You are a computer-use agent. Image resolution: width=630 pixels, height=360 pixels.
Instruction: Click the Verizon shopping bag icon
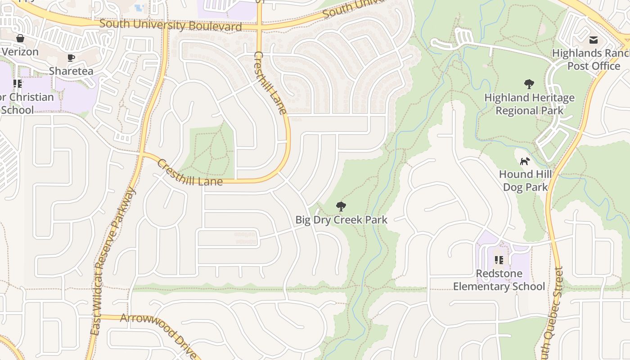pyautogui.click(x=20, y=38)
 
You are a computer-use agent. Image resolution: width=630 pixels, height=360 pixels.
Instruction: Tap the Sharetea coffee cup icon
pyautogui.click(x=71, y=58)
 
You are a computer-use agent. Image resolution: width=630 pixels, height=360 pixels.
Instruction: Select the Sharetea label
pyautogui.click(x=71, y=71)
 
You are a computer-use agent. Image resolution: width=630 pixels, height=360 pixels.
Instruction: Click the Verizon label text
pyautogui.click(x=20, y=52)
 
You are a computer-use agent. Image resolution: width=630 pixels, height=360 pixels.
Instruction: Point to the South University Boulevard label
pyautogui.click(x=171, y=25)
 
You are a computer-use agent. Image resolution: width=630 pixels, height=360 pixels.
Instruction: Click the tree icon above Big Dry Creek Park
pyautogui.click(x=341, y=207)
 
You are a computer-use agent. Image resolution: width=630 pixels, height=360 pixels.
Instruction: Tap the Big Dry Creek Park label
pyautogui.click(x=341, y=220)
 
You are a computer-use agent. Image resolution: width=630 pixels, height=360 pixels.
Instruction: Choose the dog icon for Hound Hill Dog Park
pyautogui.click(x=525, y=161)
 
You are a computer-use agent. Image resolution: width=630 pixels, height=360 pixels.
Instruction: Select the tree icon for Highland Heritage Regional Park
pyautogui.click(x=529, y=84)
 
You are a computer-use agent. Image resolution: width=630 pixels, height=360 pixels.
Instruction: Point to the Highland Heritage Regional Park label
pyautogui.click(x=529, y=104)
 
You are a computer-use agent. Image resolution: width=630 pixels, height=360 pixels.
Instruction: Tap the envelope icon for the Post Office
pyautogui.click(x=594, y=40)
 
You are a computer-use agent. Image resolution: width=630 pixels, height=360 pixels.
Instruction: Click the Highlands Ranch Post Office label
pyautogui.click(x=590, y=59)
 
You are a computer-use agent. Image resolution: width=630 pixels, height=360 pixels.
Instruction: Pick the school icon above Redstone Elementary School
pyautogui.click(x=499, y=260)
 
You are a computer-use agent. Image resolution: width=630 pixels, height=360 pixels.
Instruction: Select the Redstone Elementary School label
pyautogui.click(x=499, y=280)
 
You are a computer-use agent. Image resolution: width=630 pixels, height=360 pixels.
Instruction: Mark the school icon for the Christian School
pyautogui.click(x=18, y=84)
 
